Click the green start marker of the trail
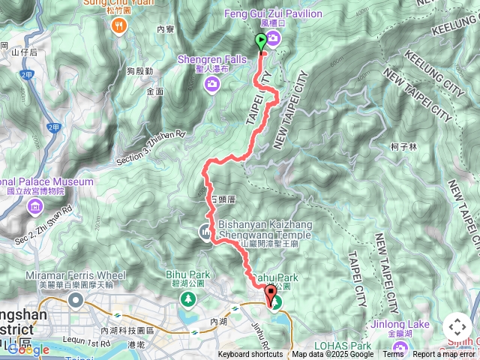261,42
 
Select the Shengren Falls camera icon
212,83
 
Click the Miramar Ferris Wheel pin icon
76,301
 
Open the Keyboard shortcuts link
250,355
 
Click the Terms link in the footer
393,355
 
